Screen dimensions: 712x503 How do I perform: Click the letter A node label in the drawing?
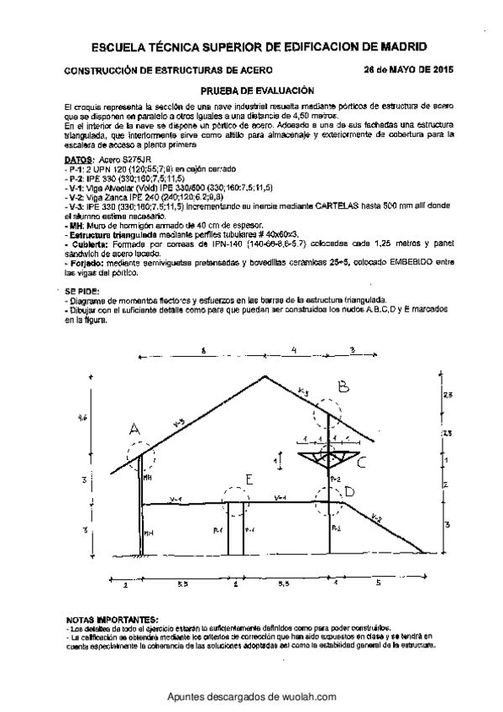coord(134,429)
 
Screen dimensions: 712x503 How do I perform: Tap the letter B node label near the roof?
coord(343,387)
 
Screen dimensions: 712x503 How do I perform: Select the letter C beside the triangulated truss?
coord(361,462)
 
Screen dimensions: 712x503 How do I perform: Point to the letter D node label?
coord(349,491)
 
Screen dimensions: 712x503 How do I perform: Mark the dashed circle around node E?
coord(238,505)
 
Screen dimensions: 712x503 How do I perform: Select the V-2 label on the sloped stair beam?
coord(377,518)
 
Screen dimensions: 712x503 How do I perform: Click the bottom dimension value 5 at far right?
coord(377,582)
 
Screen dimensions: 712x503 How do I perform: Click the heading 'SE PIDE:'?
coord(81,291)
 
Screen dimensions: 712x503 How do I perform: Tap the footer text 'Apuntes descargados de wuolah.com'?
coord(252,697)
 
